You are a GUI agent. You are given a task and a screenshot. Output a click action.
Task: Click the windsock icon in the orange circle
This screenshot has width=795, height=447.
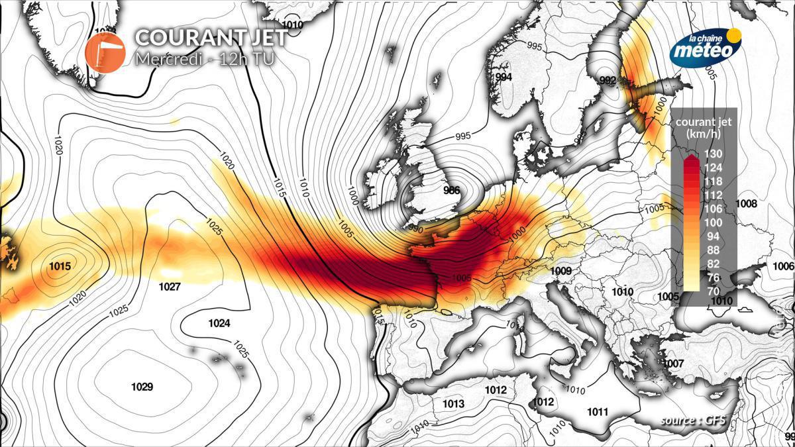(x=105, y=50)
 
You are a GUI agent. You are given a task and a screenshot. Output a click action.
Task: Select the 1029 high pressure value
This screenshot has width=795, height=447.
(x=142, y=387)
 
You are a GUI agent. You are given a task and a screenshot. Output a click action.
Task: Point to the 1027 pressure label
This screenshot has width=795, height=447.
(x=170, y=287)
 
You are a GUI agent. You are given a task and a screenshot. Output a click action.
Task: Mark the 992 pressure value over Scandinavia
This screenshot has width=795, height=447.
(x=608, y=81)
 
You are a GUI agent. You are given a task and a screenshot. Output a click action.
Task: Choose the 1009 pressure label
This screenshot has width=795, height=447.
(x=560, y=270)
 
